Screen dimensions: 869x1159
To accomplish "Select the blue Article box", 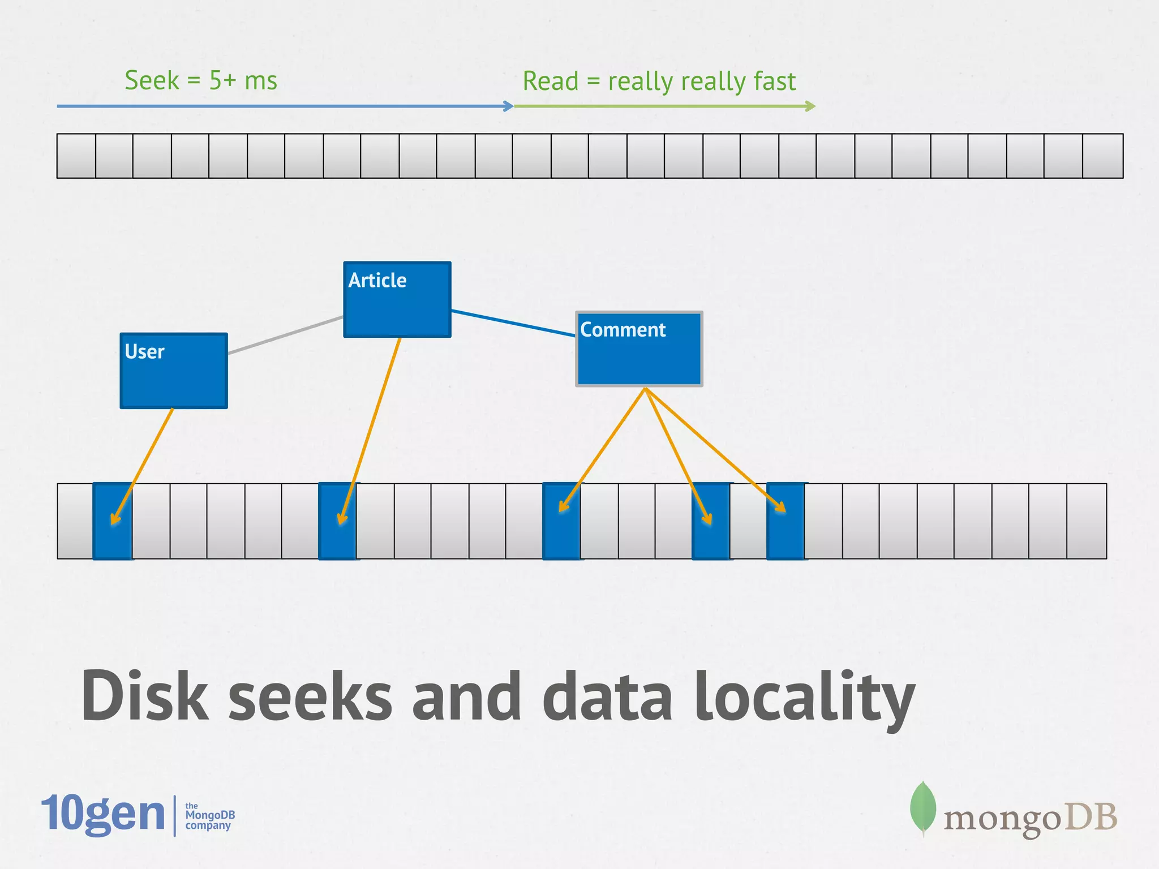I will (x=397, y=306).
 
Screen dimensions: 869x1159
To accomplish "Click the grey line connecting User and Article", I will (x=286, y=335).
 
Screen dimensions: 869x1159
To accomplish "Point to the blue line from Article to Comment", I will (x=513, y=323).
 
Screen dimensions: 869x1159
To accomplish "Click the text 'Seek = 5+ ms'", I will (x=201, y=80).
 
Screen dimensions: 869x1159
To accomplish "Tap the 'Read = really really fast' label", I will (x=659, y=81).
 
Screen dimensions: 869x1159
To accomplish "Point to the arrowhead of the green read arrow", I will (x=811, y=106).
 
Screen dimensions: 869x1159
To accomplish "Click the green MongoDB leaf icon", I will (x=922, y=808).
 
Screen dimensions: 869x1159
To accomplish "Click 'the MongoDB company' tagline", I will (x=209, y=816).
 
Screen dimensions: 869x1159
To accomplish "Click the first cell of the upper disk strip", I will (x=76, y=156).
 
